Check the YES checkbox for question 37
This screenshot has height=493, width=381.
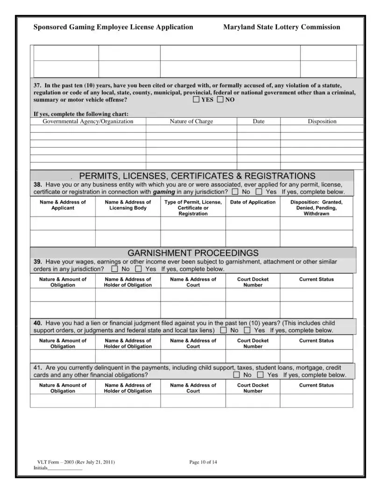click(196, 99)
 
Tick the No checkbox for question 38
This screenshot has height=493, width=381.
click(235, 191)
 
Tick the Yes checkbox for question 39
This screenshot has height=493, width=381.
click(138, 269)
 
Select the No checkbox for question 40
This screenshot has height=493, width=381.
click(223, 330)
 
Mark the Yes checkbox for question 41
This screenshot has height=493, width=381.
click(261, 374)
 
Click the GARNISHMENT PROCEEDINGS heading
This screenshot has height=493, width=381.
click(193, 253)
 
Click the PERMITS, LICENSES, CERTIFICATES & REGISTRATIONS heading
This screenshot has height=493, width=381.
click(197, 176)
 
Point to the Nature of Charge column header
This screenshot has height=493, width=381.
click(191, 121)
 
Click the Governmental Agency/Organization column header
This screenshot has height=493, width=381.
click(88, 121)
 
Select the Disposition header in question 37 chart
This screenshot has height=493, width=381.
click(322, 121)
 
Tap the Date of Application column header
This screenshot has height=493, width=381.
click(253, 202)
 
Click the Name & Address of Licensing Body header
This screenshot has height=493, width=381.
click(128, 205)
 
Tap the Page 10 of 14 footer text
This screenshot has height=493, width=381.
click(203, 462)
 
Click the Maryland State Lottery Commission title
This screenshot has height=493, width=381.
click(282, 27)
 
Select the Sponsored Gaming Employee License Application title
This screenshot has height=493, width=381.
click(113, 27)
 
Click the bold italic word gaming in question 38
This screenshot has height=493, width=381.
click(164, 192)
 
